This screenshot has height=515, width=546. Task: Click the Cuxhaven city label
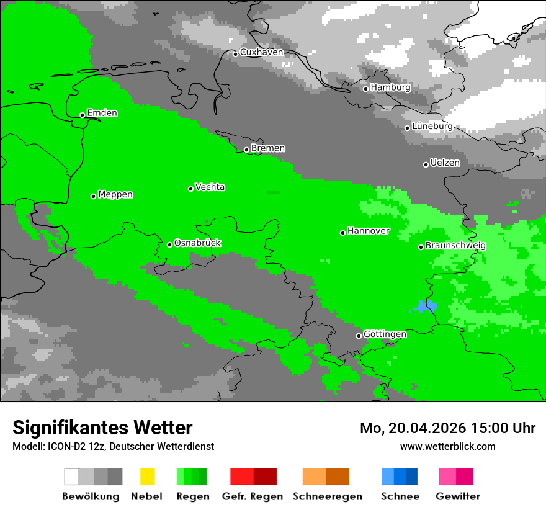point(261,52)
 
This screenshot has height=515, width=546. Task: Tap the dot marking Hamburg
point(365,89)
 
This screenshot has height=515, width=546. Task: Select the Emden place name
point(102,113)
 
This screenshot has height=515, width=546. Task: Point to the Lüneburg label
point(432,126)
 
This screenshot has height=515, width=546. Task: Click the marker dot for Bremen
point(246,150)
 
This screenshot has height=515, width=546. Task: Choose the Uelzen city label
point(445,163)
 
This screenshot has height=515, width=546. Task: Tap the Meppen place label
point(115,194)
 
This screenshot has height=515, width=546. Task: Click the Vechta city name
point(210,187)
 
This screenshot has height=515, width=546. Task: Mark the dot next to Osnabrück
point(169,244)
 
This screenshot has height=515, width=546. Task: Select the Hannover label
point(369,231)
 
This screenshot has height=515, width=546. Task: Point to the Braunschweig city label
point(455,245)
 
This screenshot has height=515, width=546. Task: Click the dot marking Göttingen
point(359,336)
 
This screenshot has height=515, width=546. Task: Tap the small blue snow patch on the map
point(425,306)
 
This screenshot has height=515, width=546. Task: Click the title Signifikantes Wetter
point(102,428)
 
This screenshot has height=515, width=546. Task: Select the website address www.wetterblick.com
point(447,446)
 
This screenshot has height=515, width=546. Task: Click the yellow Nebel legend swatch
point(147,477)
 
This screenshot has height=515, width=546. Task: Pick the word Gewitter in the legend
point(457,496)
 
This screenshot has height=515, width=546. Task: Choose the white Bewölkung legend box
point(72,477)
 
